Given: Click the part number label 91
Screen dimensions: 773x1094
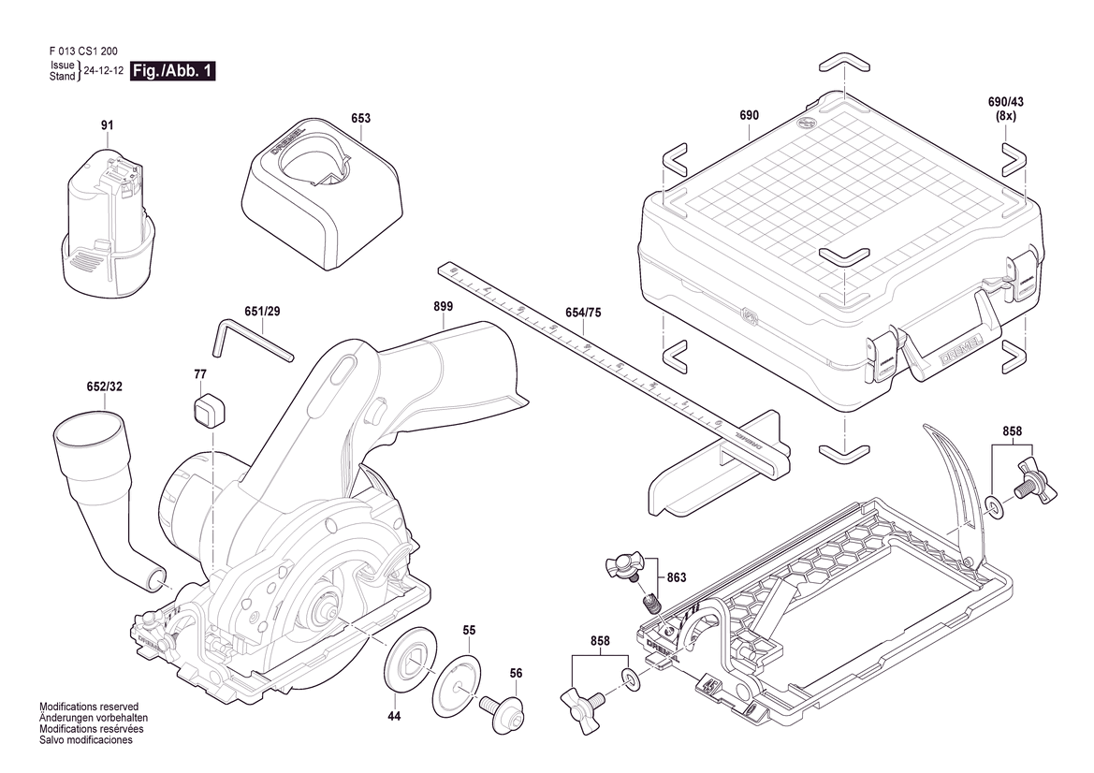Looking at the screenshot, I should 107,125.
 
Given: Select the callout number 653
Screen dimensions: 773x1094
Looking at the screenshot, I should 361,119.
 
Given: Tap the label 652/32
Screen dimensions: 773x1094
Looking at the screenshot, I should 105,386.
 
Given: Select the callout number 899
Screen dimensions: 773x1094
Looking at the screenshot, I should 444,306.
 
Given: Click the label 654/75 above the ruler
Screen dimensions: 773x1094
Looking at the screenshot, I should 583,314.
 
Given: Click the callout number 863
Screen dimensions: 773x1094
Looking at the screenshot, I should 677,577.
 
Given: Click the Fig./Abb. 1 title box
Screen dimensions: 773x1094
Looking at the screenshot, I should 173,71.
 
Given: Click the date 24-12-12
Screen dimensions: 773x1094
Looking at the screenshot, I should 105,71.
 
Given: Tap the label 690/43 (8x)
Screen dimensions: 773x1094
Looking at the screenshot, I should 1006,109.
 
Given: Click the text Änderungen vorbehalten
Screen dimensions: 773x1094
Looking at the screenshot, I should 95,717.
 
